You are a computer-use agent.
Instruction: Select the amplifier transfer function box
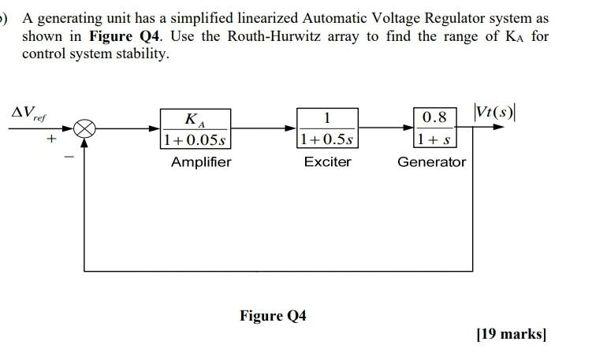[195, 129]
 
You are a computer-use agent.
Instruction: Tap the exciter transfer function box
[328, 129]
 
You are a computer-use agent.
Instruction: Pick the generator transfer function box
[434, 129]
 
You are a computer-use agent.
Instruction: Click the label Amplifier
[201, 162]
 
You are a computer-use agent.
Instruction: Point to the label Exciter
[328, 162]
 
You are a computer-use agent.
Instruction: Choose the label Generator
[431, 162]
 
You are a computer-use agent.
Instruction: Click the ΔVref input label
[27, 115]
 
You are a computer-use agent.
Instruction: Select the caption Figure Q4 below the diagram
[273, 316]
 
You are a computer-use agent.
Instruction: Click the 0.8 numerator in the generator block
[434, 118]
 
